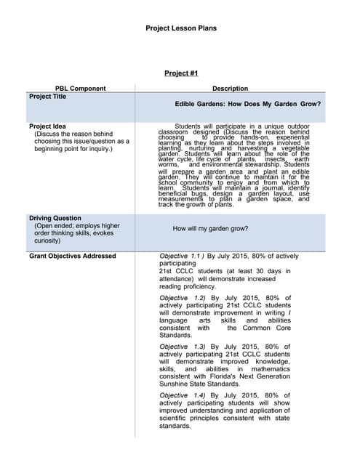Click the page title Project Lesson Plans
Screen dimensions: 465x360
coord(180,29)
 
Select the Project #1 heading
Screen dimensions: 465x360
coord(181,73)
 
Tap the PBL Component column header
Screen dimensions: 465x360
coord(81,89)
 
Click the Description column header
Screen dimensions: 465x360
coord(230,89)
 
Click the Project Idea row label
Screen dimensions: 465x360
coord(47,126)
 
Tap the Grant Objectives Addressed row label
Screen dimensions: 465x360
coord(72,256)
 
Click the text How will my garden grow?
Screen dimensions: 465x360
coord(210,229)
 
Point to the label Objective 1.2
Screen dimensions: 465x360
coord(182,298)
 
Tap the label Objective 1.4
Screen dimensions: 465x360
coord(182,395)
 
